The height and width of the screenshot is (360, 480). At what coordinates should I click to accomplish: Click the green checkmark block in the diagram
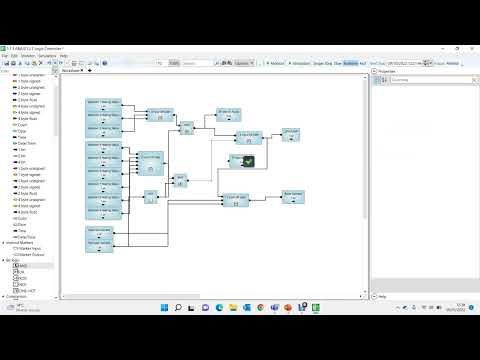(246, 159)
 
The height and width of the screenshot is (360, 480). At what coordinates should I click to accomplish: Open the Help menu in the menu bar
(64, 55)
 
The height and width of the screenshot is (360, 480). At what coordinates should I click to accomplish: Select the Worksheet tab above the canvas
(71, 72)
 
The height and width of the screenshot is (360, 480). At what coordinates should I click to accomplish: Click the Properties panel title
(388, 72)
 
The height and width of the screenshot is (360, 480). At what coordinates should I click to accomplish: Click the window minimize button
(441, 47)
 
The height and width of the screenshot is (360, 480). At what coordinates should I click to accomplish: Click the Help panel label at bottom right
(382, 297)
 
